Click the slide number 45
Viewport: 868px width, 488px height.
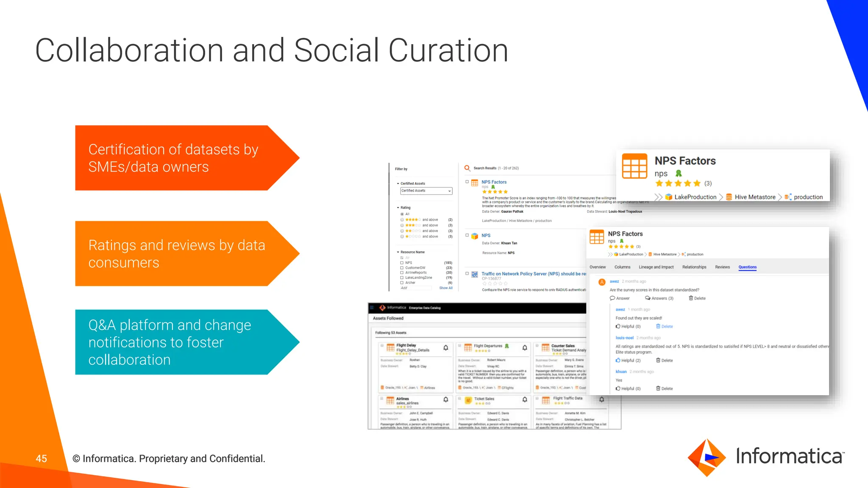(x=41, y=458)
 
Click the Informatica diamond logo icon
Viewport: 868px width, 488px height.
(x=706, y=457)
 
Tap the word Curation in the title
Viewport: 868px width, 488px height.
(x=448, y=50)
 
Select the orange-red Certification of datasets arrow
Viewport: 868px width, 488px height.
(x=178, y=158)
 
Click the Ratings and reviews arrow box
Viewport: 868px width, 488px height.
(x=178, y=253)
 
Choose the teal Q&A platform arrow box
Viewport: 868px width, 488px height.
(x=178, y=342)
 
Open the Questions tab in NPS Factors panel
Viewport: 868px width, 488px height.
(x=747, y=267)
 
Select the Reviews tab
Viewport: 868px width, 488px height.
(x=722, y=267)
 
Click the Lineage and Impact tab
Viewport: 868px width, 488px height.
(x=656, y=267)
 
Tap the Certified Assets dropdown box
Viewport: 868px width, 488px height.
(x=426, y=191)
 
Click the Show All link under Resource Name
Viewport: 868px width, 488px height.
(x=445, y=288)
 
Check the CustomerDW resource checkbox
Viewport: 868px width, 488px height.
(x=402, y=268)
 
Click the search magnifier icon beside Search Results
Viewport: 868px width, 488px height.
(x=467, y=168)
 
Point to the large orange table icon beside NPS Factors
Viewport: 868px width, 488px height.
(x=634, y=166)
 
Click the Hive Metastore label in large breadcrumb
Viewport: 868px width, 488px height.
(x=755, y=197)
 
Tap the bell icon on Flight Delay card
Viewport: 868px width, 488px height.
(x=445, y=348)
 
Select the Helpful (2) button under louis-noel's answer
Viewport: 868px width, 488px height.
(x=628, y=360)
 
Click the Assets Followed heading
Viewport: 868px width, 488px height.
(x=388, y=318)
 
